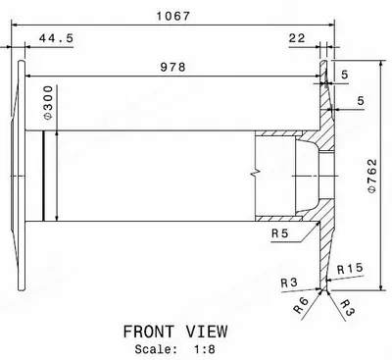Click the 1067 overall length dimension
coord(172,16)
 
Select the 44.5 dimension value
coord(56,38)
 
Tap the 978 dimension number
coord(172,67)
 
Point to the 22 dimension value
coord(297,38)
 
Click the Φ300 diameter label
coord(48,103)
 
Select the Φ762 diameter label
coord(372,176)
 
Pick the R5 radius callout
coord(280,233)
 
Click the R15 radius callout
coord(350,269)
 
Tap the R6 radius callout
coord(301,305)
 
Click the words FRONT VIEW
coord(175,332)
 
